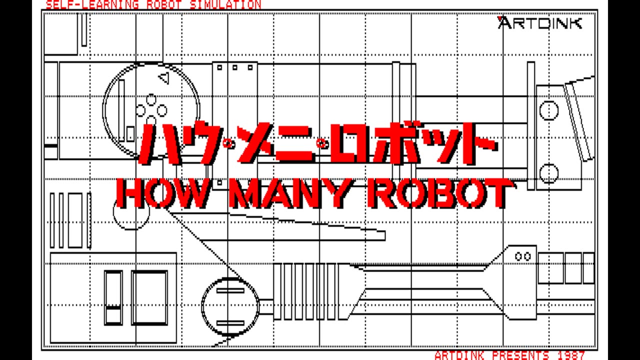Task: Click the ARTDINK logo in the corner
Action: (x=539, y=23)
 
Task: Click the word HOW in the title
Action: (x=162, y=193)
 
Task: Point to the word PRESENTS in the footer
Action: (x=520, y=355)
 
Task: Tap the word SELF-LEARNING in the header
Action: (x=92, y=4)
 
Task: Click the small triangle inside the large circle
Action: (x=163, y=77)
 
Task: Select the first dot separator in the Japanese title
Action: (x=229, y=143)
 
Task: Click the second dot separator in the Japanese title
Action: (x=322, y=143)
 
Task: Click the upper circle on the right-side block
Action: (x=549, y=110)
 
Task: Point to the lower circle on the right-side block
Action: (x=549, y=173)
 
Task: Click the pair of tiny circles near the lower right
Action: (x=523, y=256)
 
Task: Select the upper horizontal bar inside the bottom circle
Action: (x=230, y=290)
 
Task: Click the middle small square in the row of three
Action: (x=235, y=67)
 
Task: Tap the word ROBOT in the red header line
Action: (x=164, y=4)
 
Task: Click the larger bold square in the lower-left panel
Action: (x=149, y=297)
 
